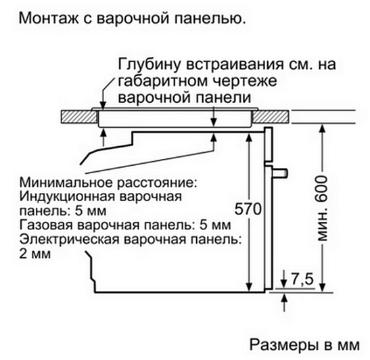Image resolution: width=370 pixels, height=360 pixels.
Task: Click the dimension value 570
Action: pos(248,208)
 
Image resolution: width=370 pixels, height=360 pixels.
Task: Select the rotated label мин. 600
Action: pos(322,208)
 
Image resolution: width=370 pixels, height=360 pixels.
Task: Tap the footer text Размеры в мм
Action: pos(304,344)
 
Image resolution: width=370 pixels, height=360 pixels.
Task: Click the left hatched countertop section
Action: pos(79,117)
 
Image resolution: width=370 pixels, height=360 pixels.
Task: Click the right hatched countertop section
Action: pos(271,117)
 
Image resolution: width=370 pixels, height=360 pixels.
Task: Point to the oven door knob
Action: pos(280,173)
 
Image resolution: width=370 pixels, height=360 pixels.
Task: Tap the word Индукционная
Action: pos(67,196)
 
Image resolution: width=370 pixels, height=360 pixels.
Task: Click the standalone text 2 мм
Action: pos(35,254)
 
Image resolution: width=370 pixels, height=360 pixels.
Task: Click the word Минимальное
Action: pos(67,182)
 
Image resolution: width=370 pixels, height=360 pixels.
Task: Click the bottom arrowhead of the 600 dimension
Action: pos(323,288)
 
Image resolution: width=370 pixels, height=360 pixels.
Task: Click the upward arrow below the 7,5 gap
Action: pos(285,302)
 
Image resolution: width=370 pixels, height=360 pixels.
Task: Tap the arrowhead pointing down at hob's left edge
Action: pos(103,106)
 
